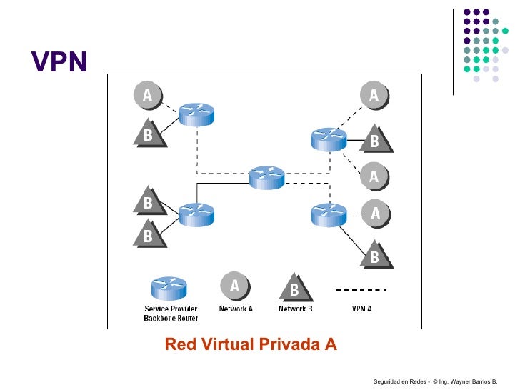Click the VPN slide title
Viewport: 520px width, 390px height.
click(59, 64)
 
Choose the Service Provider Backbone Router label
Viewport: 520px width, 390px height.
click(171, 313)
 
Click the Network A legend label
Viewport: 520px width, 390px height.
click(236, 309)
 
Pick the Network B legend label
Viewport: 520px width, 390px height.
click(295, 309)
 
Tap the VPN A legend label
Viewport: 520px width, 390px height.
click(361, 309)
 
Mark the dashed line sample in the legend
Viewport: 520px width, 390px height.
click(361, 289)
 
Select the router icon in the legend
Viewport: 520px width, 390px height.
click(169, 288)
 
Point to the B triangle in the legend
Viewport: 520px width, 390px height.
click(293, 288)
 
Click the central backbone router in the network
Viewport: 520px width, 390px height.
click(267, 177)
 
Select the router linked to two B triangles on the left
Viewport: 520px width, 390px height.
click(196, 213)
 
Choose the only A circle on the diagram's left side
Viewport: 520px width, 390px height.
click(147, 95)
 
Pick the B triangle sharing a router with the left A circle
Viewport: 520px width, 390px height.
click(149, 134)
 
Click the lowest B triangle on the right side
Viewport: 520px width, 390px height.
click(374, 256)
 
